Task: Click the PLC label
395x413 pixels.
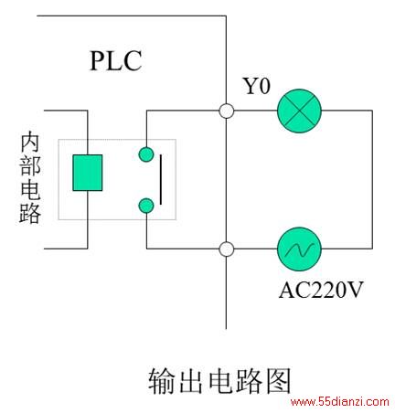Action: (x=116, y=60)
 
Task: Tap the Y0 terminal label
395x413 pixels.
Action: (x=256, y=86)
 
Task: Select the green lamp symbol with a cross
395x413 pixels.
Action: (x=299, y=111)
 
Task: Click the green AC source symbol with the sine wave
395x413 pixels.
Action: (x=299, y=249)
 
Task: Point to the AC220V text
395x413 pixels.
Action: (x=321, y=290)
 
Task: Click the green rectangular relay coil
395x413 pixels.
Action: (x=88, y=173)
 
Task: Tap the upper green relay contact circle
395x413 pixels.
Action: (x=146, y=154)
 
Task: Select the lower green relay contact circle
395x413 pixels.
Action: (x=146, y=206)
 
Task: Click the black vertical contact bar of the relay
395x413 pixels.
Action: (x=161, y=179)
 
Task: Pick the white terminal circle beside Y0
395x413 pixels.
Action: (x=227, y=111)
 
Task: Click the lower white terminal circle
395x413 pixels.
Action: (x=227, y=249)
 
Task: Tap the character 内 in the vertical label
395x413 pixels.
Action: (x=30, y=142)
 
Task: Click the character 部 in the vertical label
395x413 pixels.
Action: (x=30, y=165)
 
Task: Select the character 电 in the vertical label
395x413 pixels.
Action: (x=30, y=189)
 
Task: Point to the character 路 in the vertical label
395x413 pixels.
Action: (x=30, y=213)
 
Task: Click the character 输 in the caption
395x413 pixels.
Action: (x=161, y=381)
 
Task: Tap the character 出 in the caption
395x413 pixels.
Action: (x=191, y=381)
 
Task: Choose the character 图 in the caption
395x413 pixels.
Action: (x=279, y=381)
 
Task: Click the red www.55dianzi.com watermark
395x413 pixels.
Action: (x=340, y=402)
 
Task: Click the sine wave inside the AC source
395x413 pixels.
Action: (x=299, y=249)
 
